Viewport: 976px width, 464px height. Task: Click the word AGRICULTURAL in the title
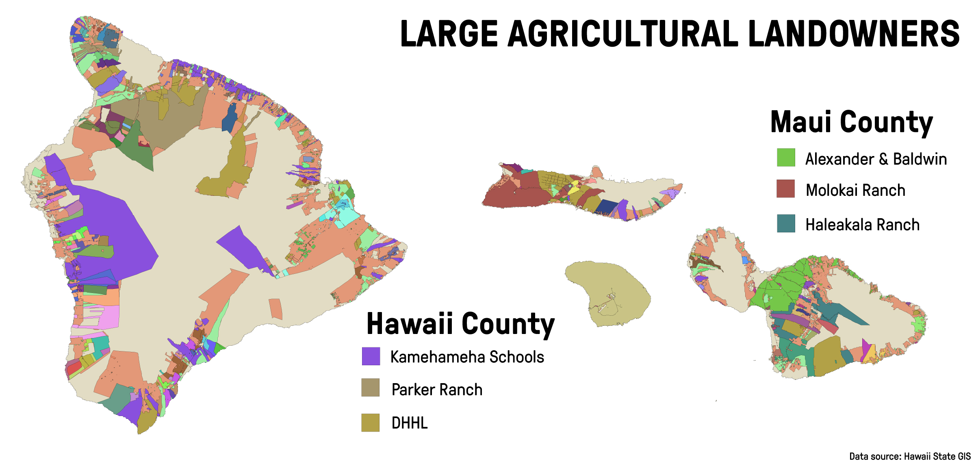[x=622, y=34]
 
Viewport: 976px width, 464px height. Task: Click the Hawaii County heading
[x=460, y=324]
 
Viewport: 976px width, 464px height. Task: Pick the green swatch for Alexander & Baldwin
[x=786, y=158]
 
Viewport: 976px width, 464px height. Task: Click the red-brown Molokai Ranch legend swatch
[x=786, y=189]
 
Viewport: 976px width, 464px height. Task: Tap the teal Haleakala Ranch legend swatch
[x=786, y=223]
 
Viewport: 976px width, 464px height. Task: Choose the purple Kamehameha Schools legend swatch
[x=371, y=356]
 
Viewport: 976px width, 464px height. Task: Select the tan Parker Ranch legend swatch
[x=371, y=388]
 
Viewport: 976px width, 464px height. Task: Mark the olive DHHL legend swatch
[x=371, y=423]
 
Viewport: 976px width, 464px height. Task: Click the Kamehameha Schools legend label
[x=467, y=357]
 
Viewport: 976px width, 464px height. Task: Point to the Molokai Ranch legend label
[x=856, y=190]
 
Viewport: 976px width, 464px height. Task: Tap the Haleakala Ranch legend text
[x=863, y=225]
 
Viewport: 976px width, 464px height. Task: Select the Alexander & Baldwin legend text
[x=876, y=159]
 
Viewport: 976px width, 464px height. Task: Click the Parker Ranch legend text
[x=437, y=390]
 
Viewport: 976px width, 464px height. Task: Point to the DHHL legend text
[x=410, y=423]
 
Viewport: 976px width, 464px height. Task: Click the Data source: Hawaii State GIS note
[x=910, y=456]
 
